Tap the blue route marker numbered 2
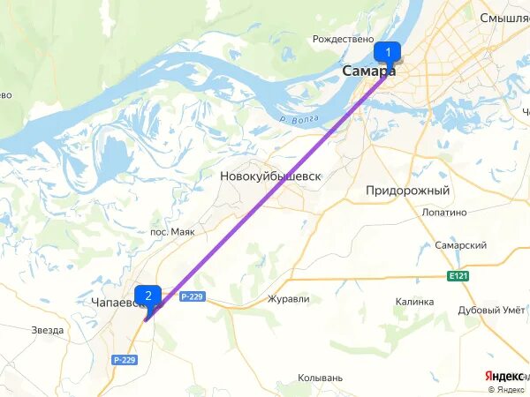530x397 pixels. point(148,296)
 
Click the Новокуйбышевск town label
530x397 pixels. point(269,176)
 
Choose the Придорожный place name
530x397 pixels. point(408,191)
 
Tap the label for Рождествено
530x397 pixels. point(344,40)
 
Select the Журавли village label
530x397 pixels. point(288,299)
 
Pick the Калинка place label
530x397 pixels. point(414,302)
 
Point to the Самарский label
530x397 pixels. point(461,245)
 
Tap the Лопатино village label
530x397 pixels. point(443,213)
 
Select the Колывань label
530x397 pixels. point(321,378)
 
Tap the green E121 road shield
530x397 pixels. point(457,276)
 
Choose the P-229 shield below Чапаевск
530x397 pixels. point(125,360)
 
